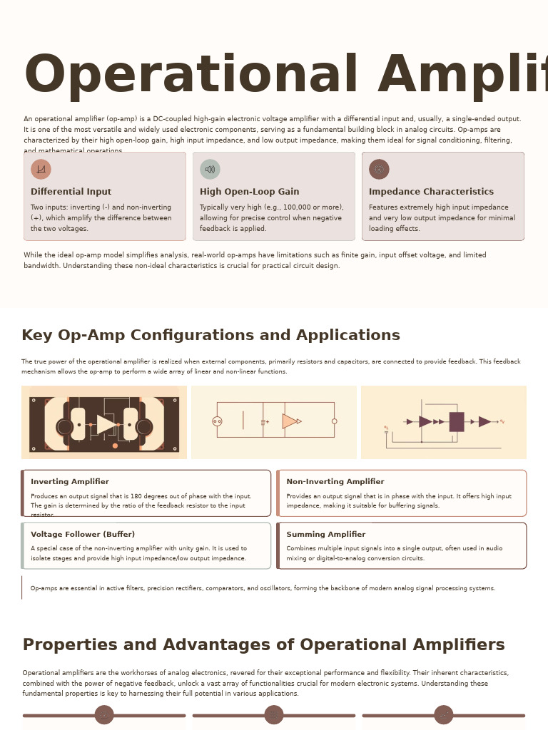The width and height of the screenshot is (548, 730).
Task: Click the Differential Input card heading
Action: click(71, 192)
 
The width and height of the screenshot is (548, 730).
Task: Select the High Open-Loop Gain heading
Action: click(249, 192)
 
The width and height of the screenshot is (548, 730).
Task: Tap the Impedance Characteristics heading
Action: click(431, 192)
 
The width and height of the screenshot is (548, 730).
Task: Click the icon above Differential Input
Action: click(41, 169)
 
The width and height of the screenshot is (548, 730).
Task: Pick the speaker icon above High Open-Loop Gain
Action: click(210, 169)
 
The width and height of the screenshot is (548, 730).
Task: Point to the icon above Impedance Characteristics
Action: click(379, 169)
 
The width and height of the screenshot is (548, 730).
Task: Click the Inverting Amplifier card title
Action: click(70, 482)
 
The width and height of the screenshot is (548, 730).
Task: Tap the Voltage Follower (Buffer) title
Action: click(83, 535)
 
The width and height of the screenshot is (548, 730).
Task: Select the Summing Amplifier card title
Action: click(325, 535)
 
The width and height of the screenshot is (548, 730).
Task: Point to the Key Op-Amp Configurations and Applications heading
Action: click(210, 336)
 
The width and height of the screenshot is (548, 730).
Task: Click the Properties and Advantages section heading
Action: click(263, 645)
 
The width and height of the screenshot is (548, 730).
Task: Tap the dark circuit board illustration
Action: click(104, 423)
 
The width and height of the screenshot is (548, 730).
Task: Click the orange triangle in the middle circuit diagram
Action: click(289, 421)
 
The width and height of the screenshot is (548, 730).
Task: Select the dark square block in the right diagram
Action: click(457, 421)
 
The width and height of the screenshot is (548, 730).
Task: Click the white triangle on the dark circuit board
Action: click(106, 425)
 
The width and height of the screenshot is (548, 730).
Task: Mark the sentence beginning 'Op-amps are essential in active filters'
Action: click(263, 589)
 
